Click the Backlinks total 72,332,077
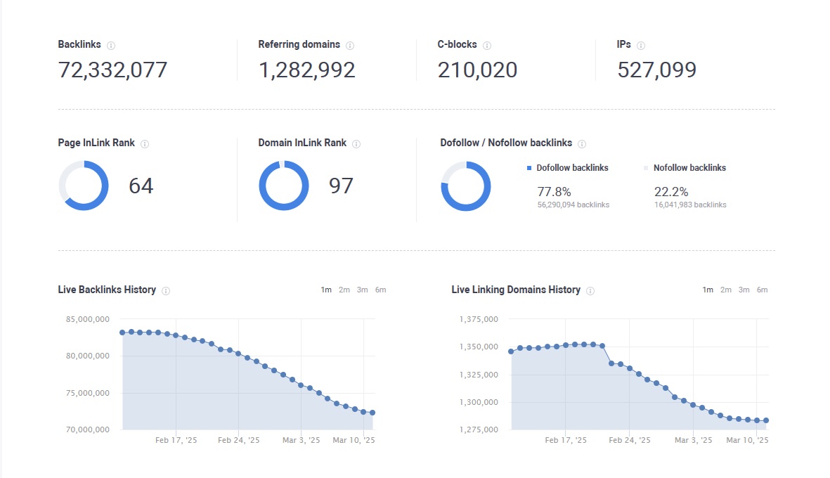(112, 70)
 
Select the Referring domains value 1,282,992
(306, 70)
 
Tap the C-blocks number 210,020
(477, 70)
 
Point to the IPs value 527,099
(656, 70)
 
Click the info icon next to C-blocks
(487, 46)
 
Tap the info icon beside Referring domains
(350, 46)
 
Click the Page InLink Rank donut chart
(84, 186)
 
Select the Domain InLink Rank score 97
(341, 186)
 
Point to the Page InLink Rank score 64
(141, 186)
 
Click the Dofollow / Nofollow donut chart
(466, 186)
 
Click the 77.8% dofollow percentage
(554, 192)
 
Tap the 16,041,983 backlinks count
(690, 205)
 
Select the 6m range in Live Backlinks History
(380, 290)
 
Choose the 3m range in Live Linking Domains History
(744, 290)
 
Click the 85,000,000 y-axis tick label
(87, 319)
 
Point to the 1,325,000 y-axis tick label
(479, 375)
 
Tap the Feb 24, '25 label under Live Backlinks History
(239, 441)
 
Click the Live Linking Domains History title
(516, 290)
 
